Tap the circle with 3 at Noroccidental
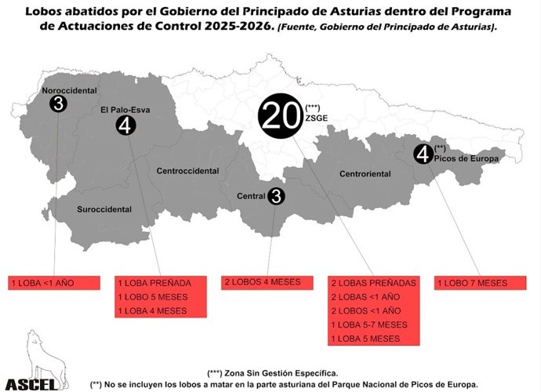[x=57, y=103]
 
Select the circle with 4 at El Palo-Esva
[x=125, y=125]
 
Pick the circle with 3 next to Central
[x=276, y=196]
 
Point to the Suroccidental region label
[x=104, y=209]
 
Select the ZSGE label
[x=318, y=118]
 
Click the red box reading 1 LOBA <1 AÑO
[x=54, y=282]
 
